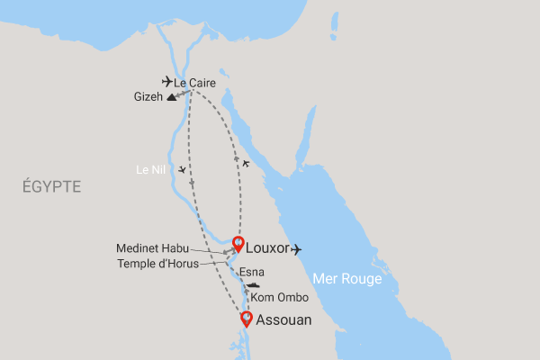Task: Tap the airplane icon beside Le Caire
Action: point(167,81)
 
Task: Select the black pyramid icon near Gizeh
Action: point(171,100)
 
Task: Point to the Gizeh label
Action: point(148,96)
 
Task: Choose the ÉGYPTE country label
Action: point(51,187)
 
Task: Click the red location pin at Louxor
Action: point(238,243)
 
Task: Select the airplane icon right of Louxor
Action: point(298,249)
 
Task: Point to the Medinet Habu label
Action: point(151,248)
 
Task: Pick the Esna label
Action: point(253,271)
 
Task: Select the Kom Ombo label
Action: point(274,297)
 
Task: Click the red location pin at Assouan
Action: point(246,319)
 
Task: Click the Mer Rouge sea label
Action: point(347,279)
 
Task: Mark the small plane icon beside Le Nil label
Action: point(183,170)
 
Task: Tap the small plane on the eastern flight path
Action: point(246,164)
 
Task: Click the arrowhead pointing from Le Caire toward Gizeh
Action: point(181,93)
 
